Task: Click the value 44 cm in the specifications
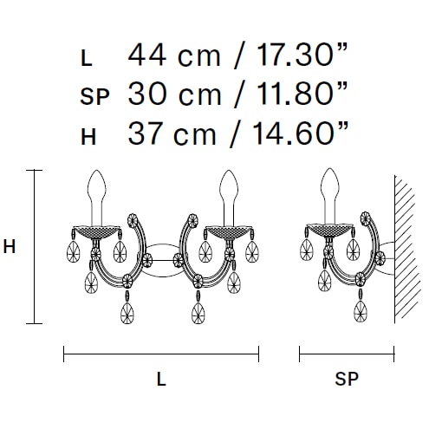(174, 55)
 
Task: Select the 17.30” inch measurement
(302, 55)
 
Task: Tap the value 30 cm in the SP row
(174, 94)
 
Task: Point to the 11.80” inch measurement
(302, 94)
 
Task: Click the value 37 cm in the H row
(172, 133)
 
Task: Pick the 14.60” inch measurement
(301, 133)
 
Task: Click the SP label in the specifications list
(94, 96)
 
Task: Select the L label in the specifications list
(87, 58)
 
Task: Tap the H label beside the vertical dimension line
(10, 247)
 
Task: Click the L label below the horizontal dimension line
(161, 379)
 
